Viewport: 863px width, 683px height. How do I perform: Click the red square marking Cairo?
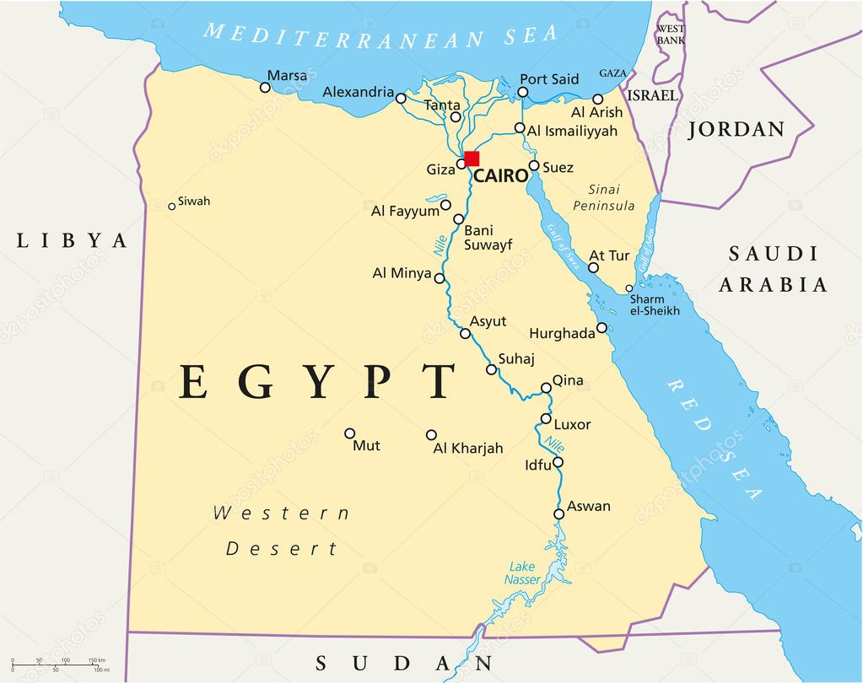point(472,159)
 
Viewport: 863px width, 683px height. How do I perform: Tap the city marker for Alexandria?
point(401,99)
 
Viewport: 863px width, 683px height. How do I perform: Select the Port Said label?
point(549,79)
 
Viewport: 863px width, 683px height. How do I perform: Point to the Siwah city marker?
point(172,206)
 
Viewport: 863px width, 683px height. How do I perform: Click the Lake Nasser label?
point(523,573)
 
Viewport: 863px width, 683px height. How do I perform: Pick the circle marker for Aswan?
point(558,514)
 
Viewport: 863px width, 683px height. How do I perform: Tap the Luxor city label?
point(572,424)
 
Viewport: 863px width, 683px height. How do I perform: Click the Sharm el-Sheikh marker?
point(629,288)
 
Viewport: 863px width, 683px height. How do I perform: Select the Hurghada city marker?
point(601,328)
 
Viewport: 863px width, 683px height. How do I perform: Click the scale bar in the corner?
point(64,664)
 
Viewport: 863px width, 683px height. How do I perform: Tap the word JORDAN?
point(736,130)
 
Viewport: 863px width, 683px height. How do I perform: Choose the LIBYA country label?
point(72,241)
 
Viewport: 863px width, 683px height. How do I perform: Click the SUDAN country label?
point(404,664)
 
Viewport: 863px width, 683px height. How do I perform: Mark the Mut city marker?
point(350,433)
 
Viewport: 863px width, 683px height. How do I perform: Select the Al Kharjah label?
point(467,449)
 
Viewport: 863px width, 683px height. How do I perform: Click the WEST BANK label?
point(671,35)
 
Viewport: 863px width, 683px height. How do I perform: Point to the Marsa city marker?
point(265,87)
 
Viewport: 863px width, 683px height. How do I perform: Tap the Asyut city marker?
point(465,334)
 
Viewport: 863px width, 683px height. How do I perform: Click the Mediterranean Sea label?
point(380,35)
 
